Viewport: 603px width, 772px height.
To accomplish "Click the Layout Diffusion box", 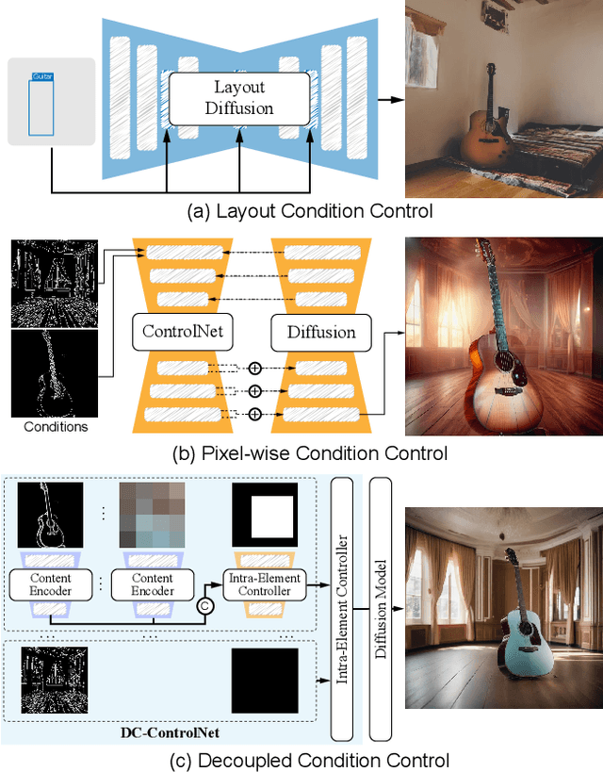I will coord(239,98).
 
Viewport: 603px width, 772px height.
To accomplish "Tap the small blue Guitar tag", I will coord(41,75).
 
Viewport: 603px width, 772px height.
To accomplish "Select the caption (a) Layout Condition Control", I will coord(310,211).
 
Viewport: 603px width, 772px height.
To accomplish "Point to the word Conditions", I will coord(55,426).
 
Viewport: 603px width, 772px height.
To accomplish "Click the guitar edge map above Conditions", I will coord(55,372).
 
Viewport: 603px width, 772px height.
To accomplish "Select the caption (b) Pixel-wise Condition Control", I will coord(310,453).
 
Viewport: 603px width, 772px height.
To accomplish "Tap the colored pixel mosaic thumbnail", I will coord(151,516).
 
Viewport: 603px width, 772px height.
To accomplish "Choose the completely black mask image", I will coord(264,680).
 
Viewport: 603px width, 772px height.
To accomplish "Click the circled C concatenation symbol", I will coord(204,608).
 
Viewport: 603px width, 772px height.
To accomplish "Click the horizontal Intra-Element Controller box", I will coord(264,584).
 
